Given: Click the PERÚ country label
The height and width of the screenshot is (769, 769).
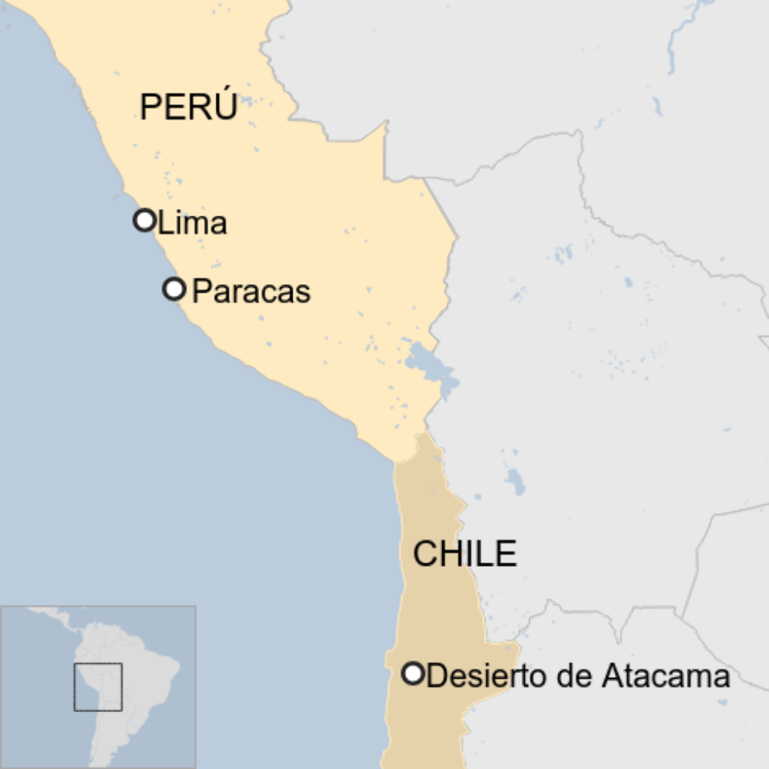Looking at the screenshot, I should point(188,107).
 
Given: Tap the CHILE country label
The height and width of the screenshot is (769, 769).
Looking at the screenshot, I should point(465,554).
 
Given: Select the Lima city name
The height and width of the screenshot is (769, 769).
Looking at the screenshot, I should point(192,223).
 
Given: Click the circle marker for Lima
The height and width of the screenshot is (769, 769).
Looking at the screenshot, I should point(145,221).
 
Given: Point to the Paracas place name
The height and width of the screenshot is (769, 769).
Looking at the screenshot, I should point(251,292).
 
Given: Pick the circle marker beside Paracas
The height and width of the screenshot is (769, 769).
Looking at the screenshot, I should point(174,289).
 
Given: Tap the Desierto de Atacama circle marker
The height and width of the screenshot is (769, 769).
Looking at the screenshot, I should point(413,674).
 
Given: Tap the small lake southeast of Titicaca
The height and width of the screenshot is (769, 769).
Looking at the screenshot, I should point(515,481).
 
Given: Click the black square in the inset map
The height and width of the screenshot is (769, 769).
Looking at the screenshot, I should point(98,687).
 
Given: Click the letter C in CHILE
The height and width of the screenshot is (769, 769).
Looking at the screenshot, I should point(425,554).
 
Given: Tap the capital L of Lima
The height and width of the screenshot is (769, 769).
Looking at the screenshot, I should point(164,223).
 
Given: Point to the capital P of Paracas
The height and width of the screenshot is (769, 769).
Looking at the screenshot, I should point(201,292).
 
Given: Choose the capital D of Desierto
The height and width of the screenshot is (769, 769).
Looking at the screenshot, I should point(435,675).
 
